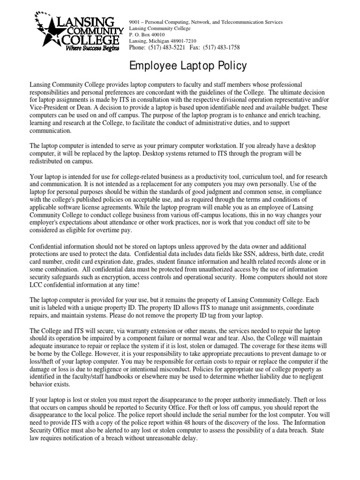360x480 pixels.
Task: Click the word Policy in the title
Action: tap(229, 66)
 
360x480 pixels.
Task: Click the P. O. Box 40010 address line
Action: tap(147, 35)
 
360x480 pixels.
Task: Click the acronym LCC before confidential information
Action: tap(37, 284)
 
